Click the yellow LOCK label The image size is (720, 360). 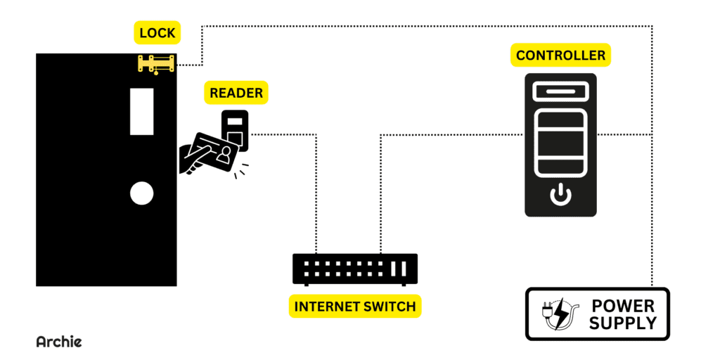pyautogui.click(x=157, y=33)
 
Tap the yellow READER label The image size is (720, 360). pyautogui.click(x=236, y=93)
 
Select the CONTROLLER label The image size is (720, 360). pyautogui.click(x=560, y=56)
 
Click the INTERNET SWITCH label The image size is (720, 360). pyautogui.click(x=354, y=307)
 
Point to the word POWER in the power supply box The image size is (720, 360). pyautogui.click(x=623, y=307)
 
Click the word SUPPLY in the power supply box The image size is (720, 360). pyautogui.click(x=623, y=323)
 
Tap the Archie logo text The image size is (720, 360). pyautogui.click(x=59, y=342)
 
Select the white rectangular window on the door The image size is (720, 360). pyautogui.click(x=141, y=111)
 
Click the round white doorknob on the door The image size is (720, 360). pyautogui.click(x=141, y=193)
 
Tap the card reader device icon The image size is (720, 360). pyautogui.click(x=236, y=130)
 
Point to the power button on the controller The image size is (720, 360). pyautogui.click(x=560, y=194)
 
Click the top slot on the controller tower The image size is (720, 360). pyautogui.click(x=560, y=91)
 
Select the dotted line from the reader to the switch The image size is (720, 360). pyautogui.click(x=315, y=183)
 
